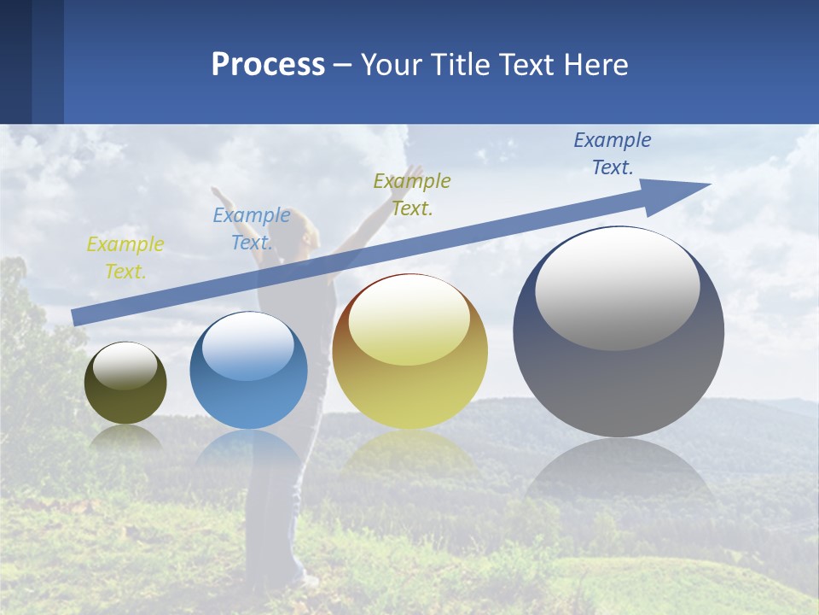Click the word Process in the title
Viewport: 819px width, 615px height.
click(x=268, y=65)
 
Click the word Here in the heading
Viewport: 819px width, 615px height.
click(x=595, y=65)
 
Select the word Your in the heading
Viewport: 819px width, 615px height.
click(x=392, y=65)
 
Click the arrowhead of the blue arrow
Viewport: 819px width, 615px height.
click(x=682, y=192)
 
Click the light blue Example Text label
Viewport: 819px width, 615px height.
click(x=252, y=229)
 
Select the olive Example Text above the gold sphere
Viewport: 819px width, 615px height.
click(x=412, y=194)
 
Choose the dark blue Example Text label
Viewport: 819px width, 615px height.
click(x=613, y=154)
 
